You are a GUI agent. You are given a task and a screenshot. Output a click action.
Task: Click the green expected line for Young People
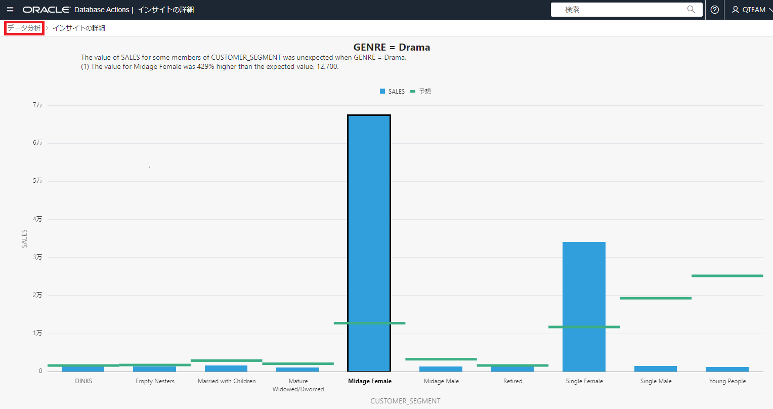[727, 276]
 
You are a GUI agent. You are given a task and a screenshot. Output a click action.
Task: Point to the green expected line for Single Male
[655, 298]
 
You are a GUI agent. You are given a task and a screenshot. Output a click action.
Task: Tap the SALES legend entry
[393, 92]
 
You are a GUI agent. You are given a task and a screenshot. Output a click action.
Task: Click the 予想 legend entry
[421, 92]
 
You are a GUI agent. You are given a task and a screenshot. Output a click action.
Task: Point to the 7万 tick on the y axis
[37, 105]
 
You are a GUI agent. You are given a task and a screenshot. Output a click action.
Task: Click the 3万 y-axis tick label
[37, 257]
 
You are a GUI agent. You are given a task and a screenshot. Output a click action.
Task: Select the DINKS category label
[83, 381]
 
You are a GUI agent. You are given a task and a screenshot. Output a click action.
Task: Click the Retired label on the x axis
[512, 381]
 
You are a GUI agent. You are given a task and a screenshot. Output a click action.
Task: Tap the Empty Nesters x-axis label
[155, 381]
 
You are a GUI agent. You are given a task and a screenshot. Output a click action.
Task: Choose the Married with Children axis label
[227, 381]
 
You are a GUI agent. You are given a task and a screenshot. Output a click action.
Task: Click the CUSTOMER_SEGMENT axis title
[405, 401]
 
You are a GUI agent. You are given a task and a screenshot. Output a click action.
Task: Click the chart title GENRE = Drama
[392, 47]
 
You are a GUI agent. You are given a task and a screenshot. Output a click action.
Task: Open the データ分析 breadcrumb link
[24, 28]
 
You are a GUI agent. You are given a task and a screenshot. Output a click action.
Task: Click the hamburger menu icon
[10, 10]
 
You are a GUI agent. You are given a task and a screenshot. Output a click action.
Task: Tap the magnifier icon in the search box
[691, 10]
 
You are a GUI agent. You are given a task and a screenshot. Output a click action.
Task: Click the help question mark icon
[715, 10]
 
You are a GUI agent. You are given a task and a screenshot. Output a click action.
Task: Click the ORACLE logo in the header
[46, 10]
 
